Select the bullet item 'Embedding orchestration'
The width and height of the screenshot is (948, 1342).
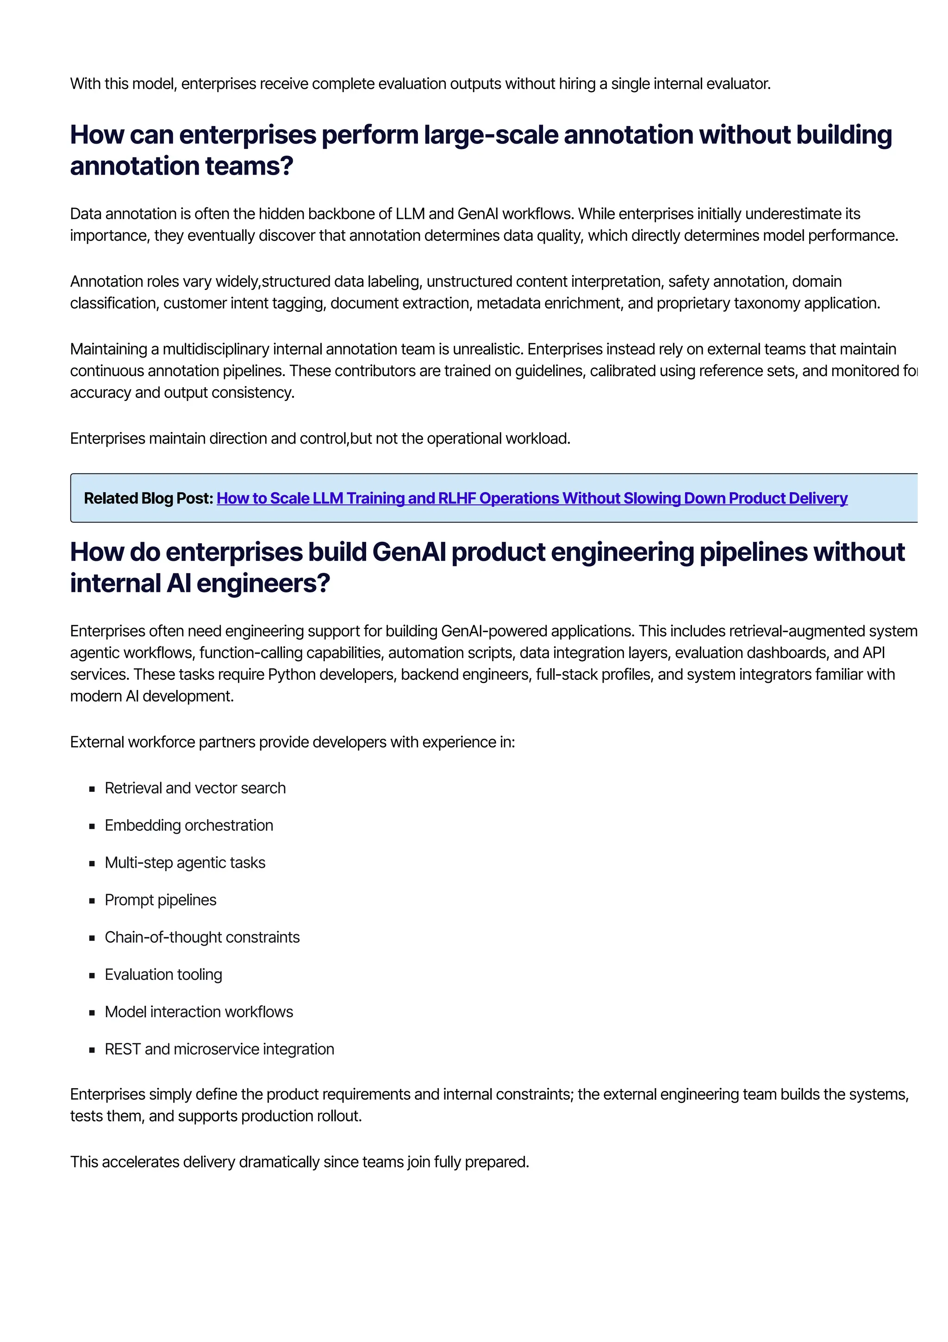189,825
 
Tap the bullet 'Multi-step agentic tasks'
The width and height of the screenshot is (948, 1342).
185,863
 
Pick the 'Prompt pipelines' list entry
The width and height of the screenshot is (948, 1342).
160,900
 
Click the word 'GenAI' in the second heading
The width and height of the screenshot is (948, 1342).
409,552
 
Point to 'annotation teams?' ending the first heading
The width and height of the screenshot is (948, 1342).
181,167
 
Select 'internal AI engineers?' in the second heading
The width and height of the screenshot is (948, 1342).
200,583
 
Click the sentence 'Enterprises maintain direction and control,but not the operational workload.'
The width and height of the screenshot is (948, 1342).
319,439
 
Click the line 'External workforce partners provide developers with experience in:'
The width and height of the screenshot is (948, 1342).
292,742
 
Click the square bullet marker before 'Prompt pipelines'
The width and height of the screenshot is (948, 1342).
92,901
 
